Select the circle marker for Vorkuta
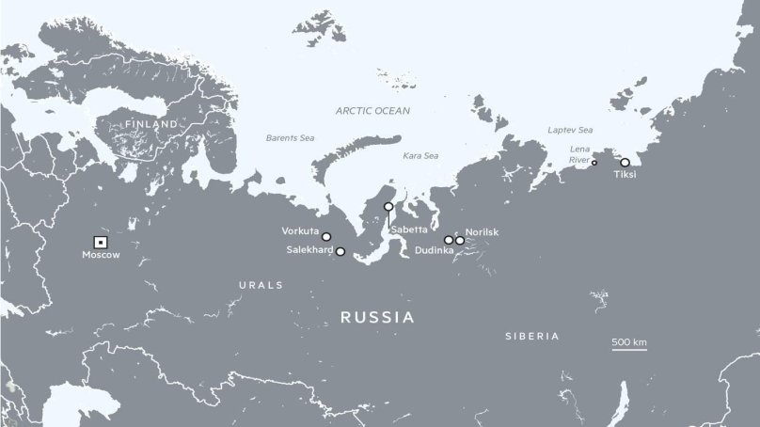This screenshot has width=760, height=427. (x=326, y=236)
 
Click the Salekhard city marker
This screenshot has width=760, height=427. (x=340, y=251)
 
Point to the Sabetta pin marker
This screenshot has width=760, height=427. (x=388, y=207)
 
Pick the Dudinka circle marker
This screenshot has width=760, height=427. (x=449, y=240)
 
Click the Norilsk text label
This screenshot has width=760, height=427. (x=481, y=231)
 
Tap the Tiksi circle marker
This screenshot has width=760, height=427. (x=625, y=163)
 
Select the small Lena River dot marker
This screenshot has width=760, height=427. (x=594, y=163)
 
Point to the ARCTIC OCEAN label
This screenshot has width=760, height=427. (x=373, y=111)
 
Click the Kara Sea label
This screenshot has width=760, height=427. (x=420, y=155)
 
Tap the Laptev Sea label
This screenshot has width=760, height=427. (x=571, y=130)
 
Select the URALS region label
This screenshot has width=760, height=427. (x=255, y=282)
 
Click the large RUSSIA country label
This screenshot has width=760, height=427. (x=377, y=317)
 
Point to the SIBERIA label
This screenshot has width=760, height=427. (x=531, y=336)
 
